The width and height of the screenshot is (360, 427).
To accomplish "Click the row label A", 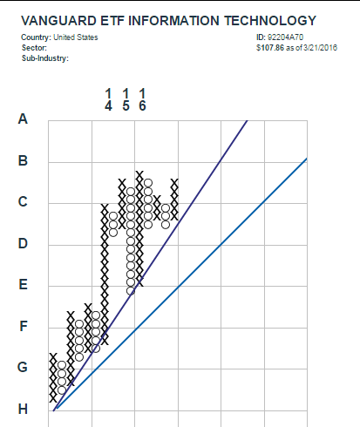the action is [x=23, y=119].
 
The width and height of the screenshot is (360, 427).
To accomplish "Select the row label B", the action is [x=23, y=160].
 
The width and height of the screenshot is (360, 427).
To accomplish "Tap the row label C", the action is [x=23, y=201].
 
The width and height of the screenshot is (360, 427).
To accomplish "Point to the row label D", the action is [x=23, y=243].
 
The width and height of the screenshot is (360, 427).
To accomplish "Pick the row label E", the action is [x=23, y=284].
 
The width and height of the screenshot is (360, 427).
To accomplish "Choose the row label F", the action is [x=24, y=326].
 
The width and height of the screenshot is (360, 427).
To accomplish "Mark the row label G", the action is [x=23, y=367].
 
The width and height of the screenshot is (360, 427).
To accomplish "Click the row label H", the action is [x=23, y=410].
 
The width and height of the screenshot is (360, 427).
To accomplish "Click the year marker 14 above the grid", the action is [x=108, y=100].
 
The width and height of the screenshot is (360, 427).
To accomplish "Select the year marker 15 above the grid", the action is [x=126, y=100].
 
